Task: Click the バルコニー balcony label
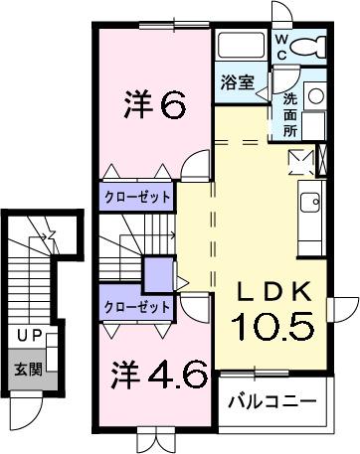[270, 402]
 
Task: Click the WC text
[282, 46]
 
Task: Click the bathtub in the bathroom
[240, 44]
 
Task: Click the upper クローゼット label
[136, 196]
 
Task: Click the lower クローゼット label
[136, 307]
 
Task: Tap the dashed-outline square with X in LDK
[299, 161]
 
